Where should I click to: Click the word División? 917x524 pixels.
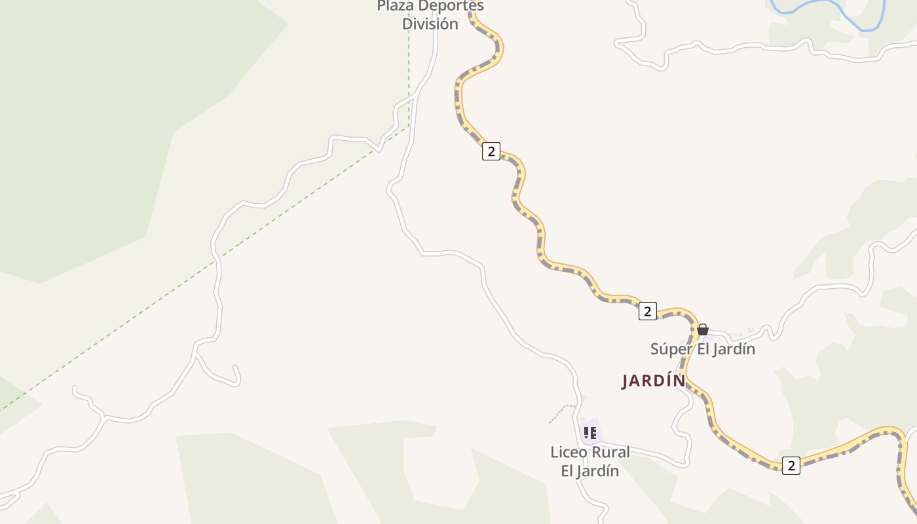(x=430, y=24)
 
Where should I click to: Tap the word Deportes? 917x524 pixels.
(x=451, y=6)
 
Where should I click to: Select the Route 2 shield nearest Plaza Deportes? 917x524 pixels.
(x=491, y=151)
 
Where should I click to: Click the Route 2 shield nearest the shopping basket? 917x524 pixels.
(x=647, y=311)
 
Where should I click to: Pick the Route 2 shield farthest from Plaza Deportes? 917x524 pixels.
(x=791, y=466)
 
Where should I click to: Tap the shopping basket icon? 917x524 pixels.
(x=702, y=329)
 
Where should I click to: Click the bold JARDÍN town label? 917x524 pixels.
(x=653, y=381)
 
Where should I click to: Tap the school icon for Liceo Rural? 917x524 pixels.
(x=590, y=432)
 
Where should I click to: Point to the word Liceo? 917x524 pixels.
(x=569, y=452)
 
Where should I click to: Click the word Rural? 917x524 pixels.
(x=611, y=452)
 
